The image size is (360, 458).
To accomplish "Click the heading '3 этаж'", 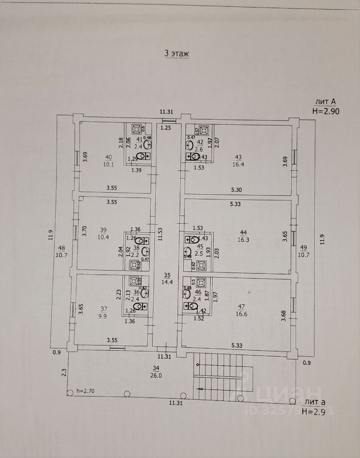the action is point(176,53).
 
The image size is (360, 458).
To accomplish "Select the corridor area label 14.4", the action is point(167,282).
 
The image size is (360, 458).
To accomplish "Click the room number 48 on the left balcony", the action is point(62,248).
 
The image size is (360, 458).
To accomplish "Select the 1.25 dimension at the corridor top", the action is point(165,128).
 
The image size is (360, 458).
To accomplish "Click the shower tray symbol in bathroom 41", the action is point(135,129).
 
